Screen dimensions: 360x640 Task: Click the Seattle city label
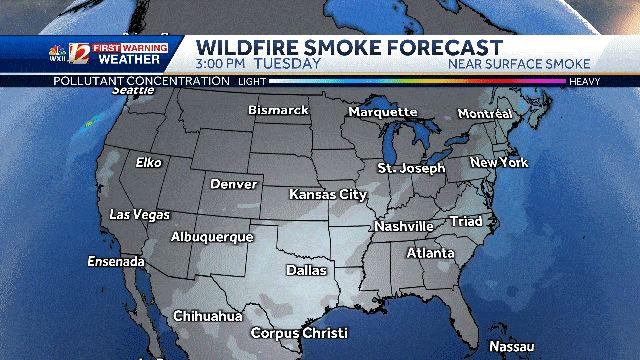(134, 90)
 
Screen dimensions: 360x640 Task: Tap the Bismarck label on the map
(278, 109)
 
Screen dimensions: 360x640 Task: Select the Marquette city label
(383, 111)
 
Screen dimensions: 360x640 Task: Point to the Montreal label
(484, 114)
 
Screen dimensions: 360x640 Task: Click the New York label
(499, 162)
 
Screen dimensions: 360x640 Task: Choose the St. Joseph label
(411, 168)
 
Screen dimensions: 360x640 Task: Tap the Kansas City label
(328, 194)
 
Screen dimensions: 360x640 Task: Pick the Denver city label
(234, 184)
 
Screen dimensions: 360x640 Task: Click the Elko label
(148, 162)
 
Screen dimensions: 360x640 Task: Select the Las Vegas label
(139, 215)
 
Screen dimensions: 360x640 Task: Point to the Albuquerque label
(211, 237)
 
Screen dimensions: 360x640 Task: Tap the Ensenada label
(116, 262)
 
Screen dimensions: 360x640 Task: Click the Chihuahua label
(208, 316)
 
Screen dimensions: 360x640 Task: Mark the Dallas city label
(306, 270)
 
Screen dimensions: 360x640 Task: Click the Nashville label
(404, 226)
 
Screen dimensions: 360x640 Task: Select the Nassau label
(512, 347)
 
